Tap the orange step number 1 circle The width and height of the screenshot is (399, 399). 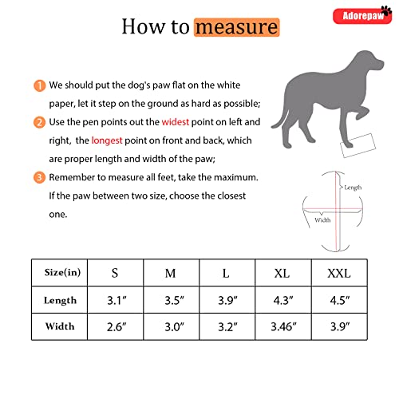(38, 85)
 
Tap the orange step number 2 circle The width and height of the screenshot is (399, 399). (38, 123)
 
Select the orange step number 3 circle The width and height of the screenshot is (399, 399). (38, 177)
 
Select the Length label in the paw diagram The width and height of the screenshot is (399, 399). (352, 187)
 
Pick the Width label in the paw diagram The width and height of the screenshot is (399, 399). (322, 220)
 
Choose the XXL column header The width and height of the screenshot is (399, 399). (338, 273)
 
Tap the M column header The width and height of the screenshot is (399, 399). (170, 273)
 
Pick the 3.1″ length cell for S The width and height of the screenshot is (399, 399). (115, 301)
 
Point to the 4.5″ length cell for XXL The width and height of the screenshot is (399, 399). (338, 301)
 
